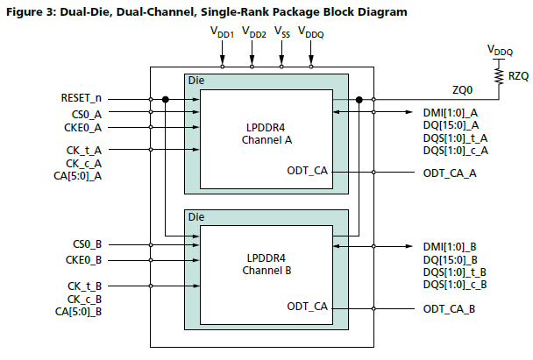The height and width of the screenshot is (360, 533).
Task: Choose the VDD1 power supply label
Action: point(223,32)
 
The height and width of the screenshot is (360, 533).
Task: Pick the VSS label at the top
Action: point(281,32)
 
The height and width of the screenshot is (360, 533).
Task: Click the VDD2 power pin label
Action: point(252,32)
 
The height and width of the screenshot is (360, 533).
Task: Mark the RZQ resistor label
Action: point(518,77)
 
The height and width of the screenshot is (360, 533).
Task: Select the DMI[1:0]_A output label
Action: point(452,112)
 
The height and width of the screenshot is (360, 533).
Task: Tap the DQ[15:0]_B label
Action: point(452,260)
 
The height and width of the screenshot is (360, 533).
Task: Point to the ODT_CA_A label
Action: point(451,173)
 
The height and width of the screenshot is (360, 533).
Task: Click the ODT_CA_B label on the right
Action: point(451,309)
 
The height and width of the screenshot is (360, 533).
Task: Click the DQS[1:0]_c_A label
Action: point(455,152)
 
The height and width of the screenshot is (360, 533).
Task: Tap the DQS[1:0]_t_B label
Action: point(455,272)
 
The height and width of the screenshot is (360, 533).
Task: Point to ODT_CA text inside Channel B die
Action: point(307,307)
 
